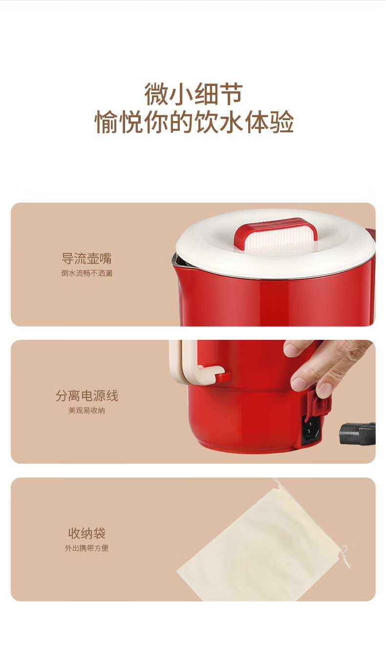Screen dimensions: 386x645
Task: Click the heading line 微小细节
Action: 193,94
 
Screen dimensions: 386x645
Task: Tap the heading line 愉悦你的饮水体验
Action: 194,122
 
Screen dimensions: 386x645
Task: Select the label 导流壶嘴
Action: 86,258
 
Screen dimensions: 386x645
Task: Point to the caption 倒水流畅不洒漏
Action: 86,273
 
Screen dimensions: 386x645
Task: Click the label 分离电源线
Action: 86,395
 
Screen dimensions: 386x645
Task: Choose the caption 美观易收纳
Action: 86,410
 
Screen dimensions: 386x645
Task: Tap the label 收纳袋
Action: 86,533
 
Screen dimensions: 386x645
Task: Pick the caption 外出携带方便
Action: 86,548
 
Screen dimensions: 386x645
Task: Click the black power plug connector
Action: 358,433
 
